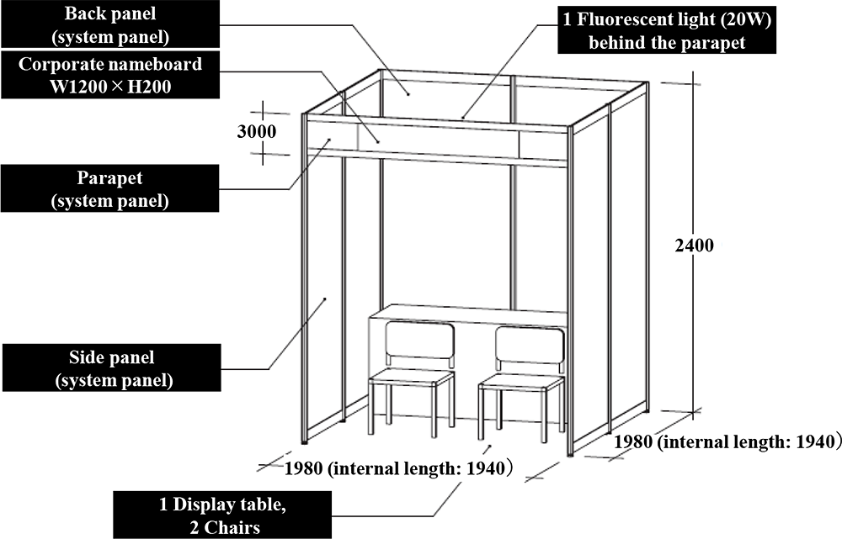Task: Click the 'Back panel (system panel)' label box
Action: [x=110, y=24]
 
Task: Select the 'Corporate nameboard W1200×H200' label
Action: [x=110, y=75]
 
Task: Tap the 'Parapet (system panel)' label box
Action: [x=110, y=188]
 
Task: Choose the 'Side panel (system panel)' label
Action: [x=112, y=368]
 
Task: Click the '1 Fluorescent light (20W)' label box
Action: [x=667, y=30]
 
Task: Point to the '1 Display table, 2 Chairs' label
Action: [x=222, y=515]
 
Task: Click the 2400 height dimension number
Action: [x=695, y=246]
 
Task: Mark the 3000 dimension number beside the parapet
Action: [x=257, y=131]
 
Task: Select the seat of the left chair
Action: [x=412, y=377]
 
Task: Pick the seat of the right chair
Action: [x=521, y=383]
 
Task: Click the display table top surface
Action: [x=468, y=314]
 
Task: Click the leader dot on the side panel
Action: [x=325, y=299]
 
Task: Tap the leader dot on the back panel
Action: [x=408, y=94]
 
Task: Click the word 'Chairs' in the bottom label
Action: [x=232, y=527]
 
